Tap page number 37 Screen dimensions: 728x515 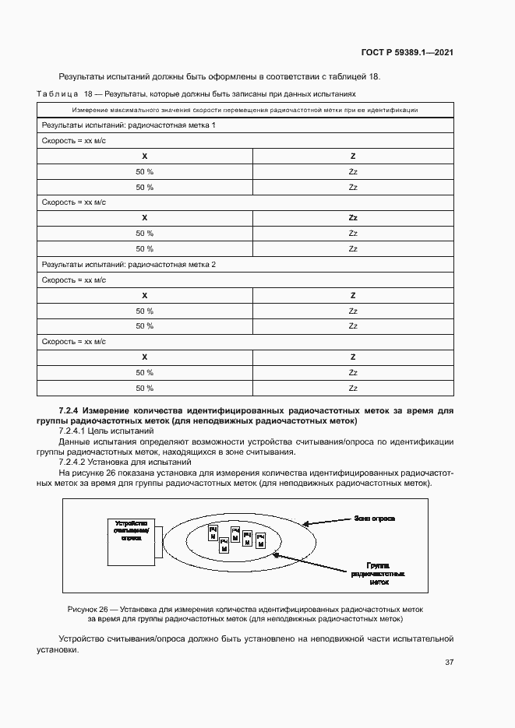(449, 663)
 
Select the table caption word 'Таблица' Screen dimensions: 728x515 (57, 93)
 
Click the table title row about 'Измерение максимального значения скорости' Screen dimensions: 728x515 (245, 111)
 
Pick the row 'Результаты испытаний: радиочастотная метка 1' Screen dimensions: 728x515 (129, 125)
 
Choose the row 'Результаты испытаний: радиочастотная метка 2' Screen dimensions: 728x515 (129, 265)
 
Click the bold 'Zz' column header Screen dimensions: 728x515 (353, 218)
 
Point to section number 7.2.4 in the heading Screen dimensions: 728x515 (69, 410)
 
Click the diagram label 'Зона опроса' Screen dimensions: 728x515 (374, 517)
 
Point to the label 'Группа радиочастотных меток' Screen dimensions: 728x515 (378, 573)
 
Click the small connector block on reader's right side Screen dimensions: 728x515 (158, 540)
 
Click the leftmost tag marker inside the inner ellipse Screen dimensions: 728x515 (212, 533)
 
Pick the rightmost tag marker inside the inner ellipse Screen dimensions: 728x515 (261, 540)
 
